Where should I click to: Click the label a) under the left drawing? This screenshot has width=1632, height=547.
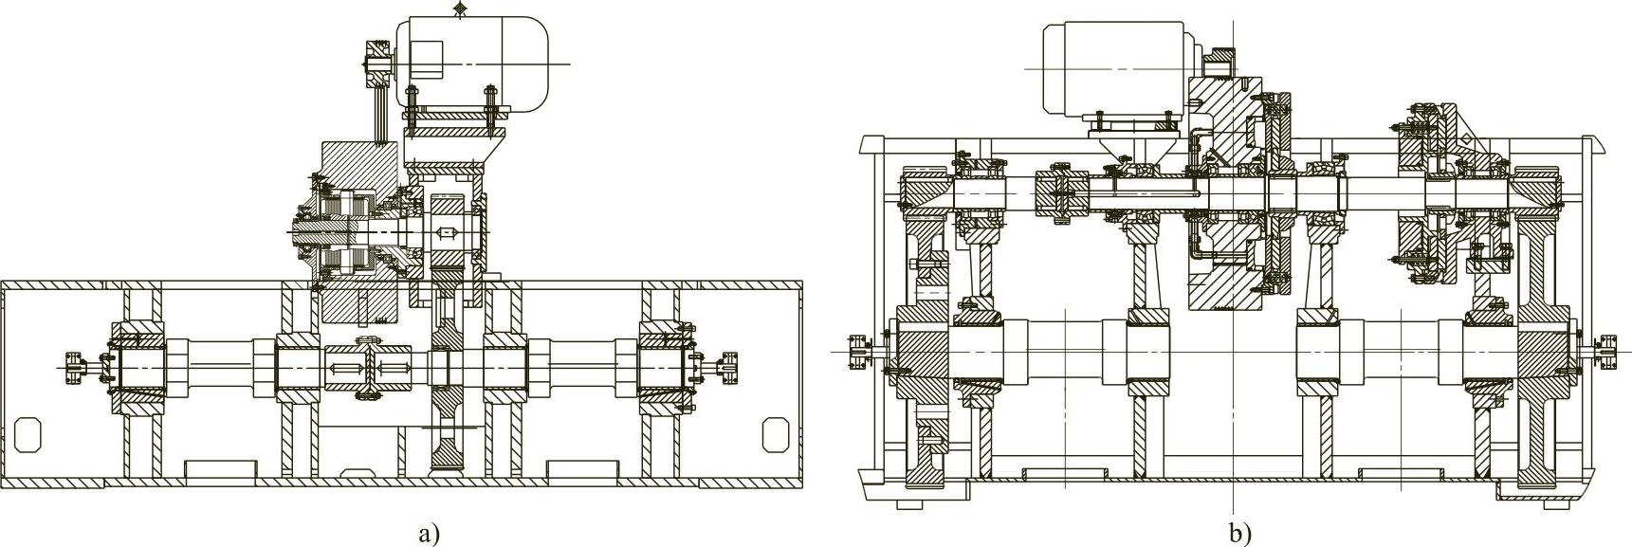pos(430,533)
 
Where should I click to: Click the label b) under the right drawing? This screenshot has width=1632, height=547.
pos(1240,533)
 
